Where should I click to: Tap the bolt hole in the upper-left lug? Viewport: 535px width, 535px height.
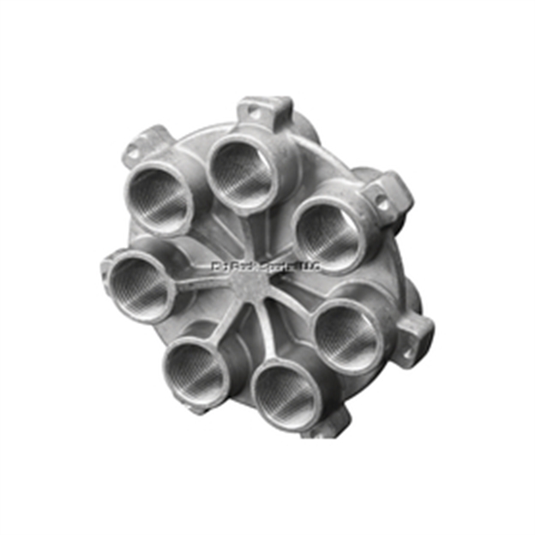click(134, 153)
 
